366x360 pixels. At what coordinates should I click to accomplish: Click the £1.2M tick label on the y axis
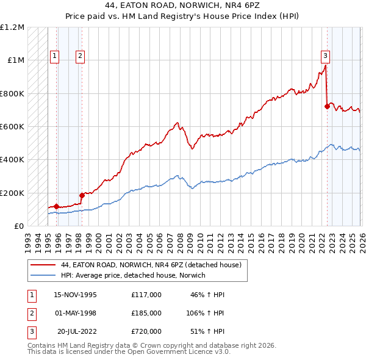[12, 27]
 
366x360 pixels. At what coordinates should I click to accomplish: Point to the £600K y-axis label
[12, 127]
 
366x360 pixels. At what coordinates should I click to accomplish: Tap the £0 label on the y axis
[19, 226]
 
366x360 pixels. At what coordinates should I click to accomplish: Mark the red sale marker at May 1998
[82, 195]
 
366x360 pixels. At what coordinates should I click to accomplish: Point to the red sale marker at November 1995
[57, 206]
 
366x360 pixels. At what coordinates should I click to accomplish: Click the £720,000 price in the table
[146, 331]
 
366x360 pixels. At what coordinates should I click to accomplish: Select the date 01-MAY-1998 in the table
[75, 313]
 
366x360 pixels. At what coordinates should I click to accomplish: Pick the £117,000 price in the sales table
[146, 295]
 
